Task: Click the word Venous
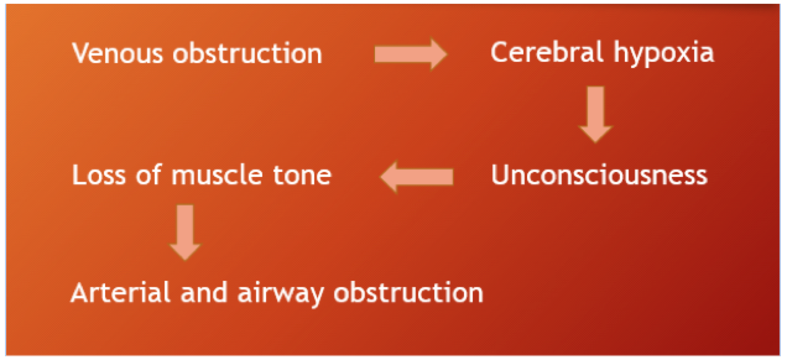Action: click(118, 53)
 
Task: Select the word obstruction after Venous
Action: click(247, 53)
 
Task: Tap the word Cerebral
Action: click(547, 52)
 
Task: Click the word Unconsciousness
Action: click(600, 174)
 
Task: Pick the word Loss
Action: click(99, 174)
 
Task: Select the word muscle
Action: click(217, 174)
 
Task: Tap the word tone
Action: click(302, 174)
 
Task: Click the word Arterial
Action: click(121, 292)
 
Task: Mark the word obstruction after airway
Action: click(408, 292)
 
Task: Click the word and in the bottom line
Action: click(204, 292)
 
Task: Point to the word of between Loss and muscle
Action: click(149, 174)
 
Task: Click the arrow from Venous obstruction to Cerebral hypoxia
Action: click(411, 54)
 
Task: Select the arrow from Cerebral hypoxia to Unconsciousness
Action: click(596, 114)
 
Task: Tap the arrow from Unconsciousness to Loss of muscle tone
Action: click(416, 177)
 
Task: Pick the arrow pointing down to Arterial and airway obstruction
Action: click(185, 233)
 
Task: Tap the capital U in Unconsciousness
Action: click(501, 174)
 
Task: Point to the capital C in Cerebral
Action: click(500, 52)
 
